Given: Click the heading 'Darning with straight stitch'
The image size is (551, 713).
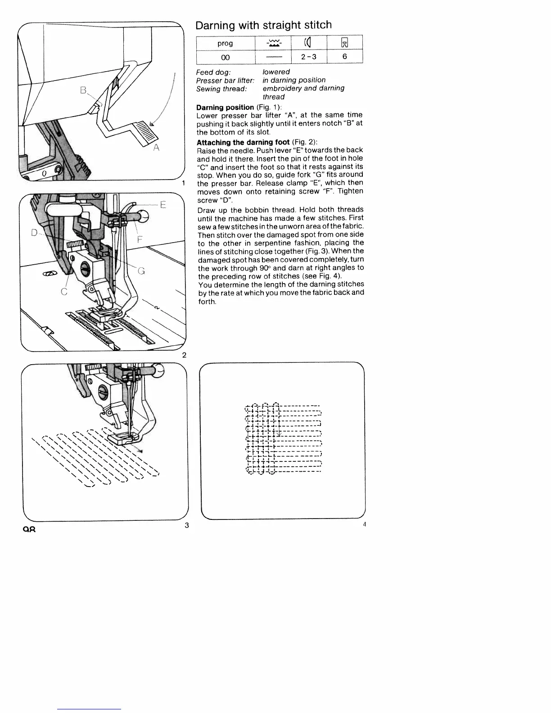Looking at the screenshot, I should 263,25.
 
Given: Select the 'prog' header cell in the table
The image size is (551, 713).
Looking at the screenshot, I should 225,43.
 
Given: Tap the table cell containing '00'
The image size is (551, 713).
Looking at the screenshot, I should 225,57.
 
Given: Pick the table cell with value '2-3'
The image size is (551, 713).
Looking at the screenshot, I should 309,57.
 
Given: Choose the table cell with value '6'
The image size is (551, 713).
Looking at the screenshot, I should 344,57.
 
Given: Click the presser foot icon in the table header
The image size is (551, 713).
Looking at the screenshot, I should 344,43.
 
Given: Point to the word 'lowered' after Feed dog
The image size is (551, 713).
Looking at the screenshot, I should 276,72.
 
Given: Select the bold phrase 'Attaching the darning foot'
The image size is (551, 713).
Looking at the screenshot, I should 243,142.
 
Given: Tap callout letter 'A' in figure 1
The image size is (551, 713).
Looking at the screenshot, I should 156,148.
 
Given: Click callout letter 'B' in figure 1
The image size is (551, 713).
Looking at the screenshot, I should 83,90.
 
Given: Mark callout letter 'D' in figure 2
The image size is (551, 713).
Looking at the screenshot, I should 34,233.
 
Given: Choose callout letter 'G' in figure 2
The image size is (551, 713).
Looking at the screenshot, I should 141,271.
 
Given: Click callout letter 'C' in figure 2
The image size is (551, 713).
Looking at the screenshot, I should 64,292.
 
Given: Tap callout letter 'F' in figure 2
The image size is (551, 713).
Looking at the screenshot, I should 140,240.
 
